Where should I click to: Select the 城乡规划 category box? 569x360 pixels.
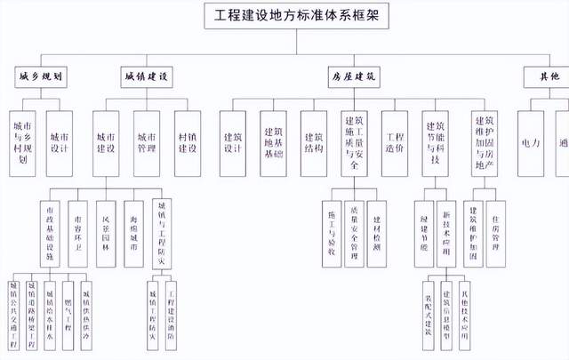point(41,78)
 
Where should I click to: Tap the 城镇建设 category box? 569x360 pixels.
point(147,78)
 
